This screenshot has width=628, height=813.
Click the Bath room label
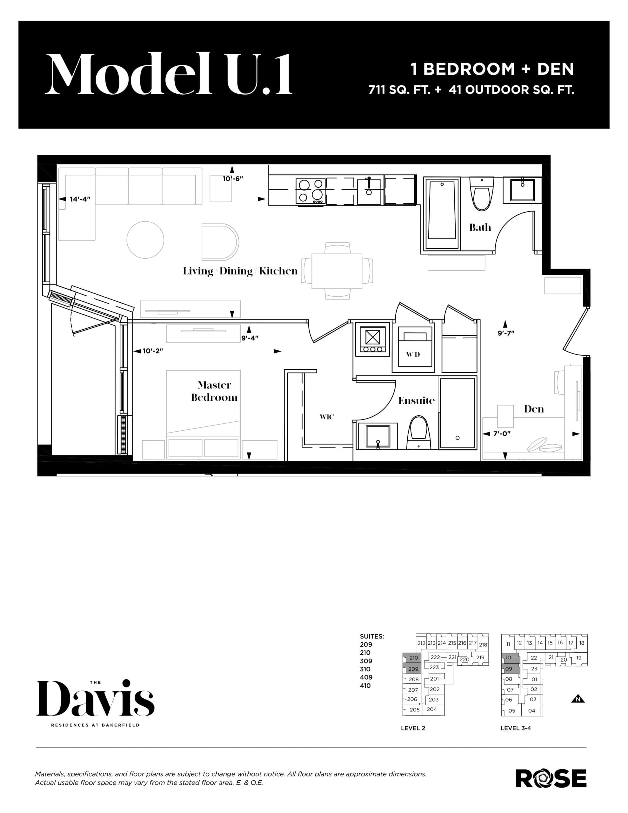pos(480,227)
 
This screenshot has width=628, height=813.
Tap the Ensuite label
pos(416,400)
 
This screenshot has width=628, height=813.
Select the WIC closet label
pos(327,417)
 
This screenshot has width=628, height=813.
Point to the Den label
pos(534,409)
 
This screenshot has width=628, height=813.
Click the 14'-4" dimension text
pos(80,199)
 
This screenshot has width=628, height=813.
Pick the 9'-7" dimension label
pos(506,333)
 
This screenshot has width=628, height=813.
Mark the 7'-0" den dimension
pos(501,434)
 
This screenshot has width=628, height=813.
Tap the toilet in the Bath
pos(481,195)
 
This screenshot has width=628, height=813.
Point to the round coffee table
pos(145,240)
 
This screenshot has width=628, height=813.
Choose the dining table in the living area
pos(337,271)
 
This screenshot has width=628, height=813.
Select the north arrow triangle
pos(578,699)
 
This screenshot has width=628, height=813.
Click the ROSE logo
pos(551,778)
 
